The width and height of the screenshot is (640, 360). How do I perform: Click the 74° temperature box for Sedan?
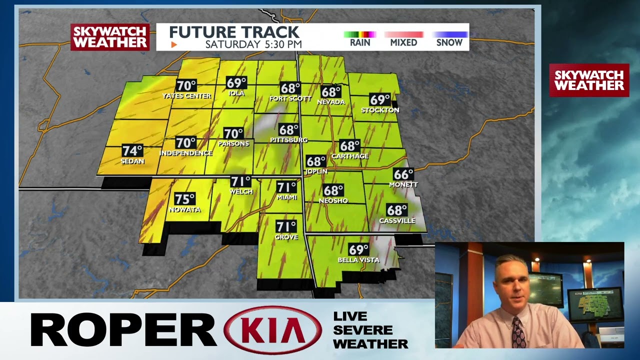coord(132,151)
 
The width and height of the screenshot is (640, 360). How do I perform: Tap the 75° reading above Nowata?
coord(184,199)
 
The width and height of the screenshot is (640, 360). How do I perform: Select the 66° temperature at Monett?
coord(403,174)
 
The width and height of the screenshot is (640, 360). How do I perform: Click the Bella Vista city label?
coord(358,260)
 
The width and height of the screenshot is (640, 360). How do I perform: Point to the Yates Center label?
coord(186,96)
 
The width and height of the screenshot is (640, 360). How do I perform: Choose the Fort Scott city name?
coord(290,98)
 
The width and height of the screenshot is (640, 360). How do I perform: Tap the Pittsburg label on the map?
coord(288,140)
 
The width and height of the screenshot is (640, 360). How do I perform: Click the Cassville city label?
coord(397,220)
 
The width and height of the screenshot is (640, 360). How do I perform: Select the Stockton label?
coord(380,110)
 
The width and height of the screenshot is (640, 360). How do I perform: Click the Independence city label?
coord(185,153)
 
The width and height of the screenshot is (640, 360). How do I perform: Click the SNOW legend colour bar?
coord(449,34)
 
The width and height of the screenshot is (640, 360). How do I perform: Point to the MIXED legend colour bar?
coord(403,34)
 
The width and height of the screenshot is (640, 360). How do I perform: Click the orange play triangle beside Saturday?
coord(174,44)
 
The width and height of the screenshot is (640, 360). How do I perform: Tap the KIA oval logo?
coord(273,330)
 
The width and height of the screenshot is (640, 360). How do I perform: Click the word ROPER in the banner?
coord(123,330)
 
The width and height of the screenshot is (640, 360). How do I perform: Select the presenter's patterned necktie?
coord(518,332)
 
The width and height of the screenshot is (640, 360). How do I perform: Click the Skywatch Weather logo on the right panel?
coord(589,80)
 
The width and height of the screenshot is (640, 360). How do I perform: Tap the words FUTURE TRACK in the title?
coord(234,32)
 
